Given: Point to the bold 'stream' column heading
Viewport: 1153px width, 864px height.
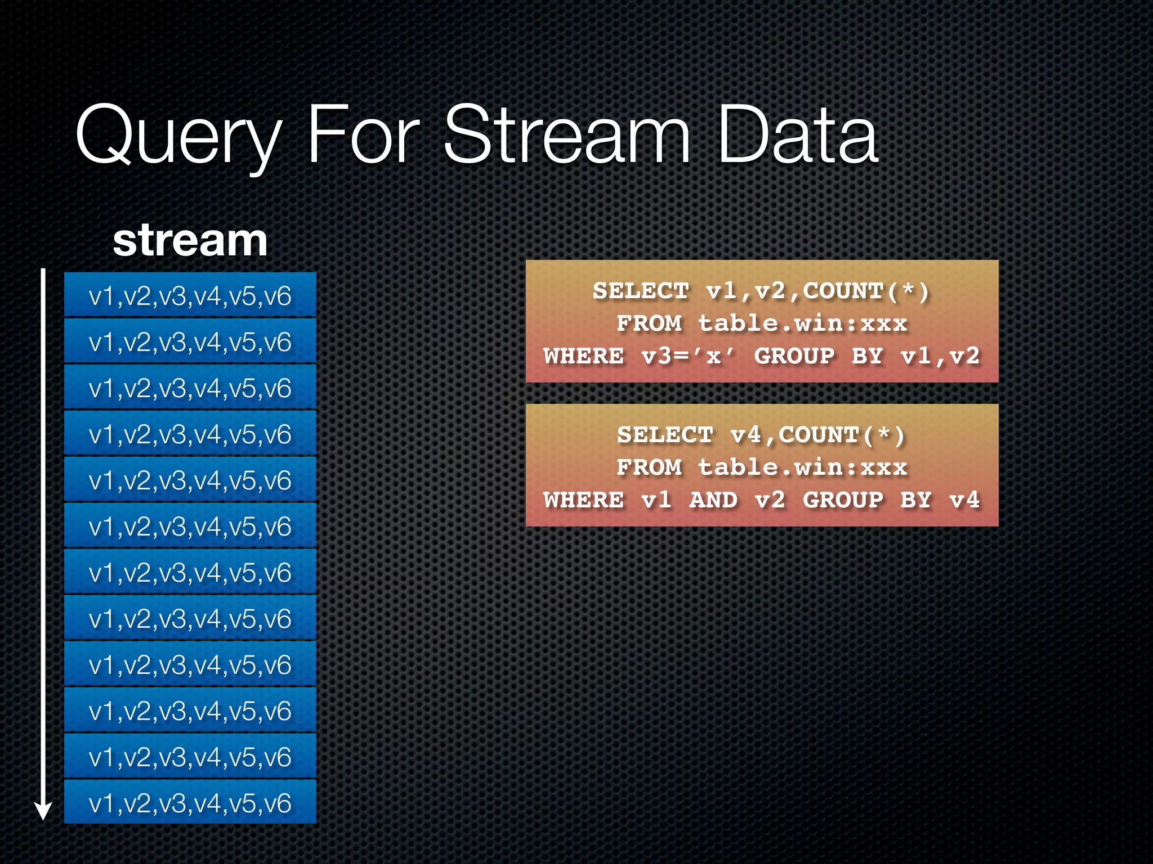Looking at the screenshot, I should pos(190,241).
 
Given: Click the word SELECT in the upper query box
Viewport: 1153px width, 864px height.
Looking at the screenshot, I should pos(641,291).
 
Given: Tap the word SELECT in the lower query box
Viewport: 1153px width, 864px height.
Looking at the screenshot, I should pos(665,435).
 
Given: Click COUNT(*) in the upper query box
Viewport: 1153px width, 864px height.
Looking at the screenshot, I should pos(865,291).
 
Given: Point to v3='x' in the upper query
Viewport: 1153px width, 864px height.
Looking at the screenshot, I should pos(688,357).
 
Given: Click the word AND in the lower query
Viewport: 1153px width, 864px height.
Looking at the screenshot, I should pos(713,500).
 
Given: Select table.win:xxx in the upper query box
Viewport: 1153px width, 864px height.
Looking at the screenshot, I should pos(802,324).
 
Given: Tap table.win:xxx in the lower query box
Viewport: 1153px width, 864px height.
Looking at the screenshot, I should pos(802,468).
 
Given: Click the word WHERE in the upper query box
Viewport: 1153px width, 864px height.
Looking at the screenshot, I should pos(584,357).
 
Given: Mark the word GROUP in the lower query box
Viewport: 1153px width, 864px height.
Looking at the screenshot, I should pos(843,500).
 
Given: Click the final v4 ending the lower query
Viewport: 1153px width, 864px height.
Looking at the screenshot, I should pos(964,500).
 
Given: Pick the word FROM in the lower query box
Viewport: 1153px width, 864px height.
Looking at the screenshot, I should pos(649,468).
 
